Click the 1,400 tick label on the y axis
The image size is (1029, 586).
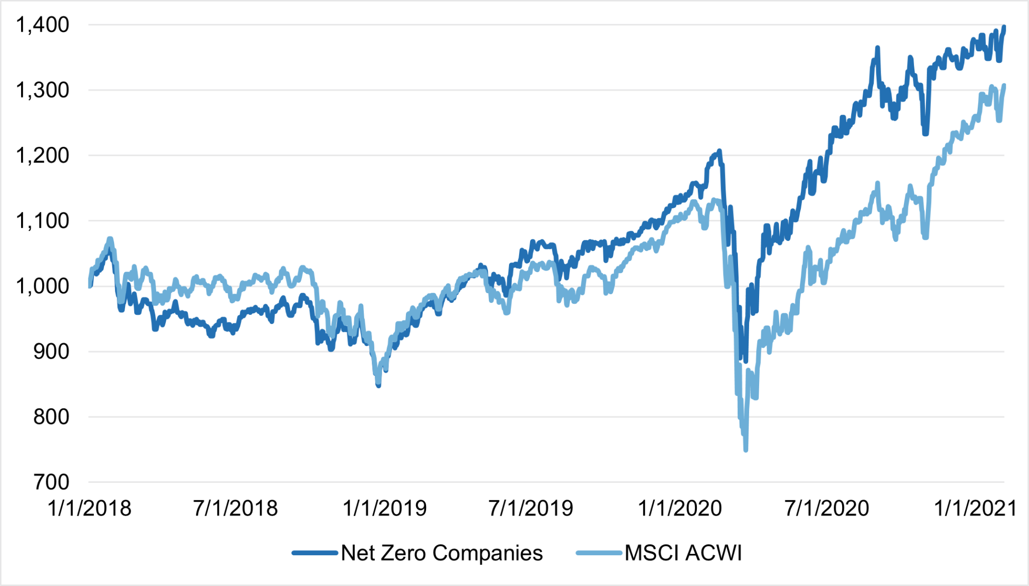[43, 25]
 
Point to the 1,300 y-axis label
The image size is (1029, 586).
[43, 91]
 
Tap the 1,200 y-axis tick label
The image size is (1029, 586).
[43, 156]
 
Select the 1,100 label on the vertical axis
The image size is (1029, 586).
[43, 221]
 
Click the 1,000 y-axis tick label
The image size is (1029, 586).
[43, 286]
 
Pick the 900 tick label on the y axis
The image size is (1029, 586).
[51, 352]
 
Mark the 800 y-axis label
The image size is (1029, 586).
[51, 417]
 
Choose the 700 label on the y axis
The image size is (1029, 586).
[51, 482]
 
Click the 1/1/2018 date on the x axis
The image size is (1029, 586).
[89, 509]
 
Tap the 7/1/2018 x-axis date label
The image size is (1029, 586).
[236, 509]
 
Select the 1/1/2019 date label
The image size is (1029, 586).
[385, 509]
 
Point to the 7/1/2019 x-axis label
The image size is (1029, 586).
[531, 509]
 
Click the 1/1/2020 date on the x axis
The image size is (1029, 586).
[680, 509]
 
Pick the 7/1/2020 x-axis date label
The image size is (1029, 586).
[827, 509]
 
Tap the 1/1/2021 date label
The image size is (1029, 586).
[975, 509]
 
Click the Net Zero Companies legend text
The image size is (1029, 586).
[442, 553]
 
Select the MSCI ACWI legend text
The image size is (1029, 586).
[683, 553]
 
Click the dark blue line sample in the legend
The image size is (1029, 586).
[315, 553]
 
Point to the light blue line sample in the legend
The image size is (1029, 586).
[599, 553]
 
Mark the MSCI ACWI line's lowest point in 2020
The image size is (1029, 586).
[746, 449]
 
